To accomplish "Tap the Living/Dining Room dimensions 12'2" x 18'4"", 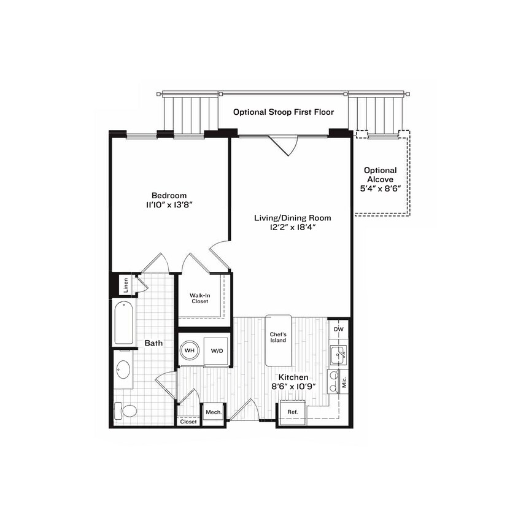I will point(293,227).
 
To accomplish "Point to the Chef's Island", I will point(278,338).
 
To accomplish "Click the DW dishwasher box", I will point(338,330).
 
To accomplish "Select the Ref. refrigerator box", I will point(292,412).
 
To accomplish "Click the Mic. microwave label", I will point(344,382).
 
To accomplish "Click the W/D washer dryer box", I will point(217,351).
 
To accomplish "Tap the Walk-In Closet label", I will point(199,298).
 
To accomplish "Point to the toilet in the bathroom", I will point(126,410).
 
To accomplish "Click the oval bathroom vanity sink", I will point(123,369).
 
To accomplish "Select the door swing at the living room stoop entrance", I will point(284,145).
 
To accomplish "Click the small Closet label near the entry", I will point(188,422).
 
